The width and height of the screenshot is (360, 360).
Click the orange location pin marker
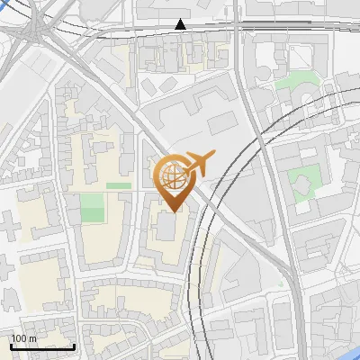click(x=175, y=180)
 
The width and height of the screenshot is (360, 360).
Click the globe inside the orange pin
click(x=174, y=174)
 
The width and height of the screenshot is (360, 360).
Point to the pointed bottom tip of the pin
click(x=174, y=211)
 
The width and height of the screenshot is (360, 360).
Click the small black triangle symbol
click(x=182, y=24)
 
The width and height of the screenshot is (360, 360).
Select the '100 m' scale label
click(x=23, y=338)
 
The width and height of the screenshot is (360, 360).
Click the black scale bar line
click(x=42, y=346)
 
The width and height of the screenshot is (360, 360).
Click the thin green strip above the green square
click(x=118, y=185)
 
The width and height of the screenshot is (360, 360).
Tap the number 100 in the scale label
click(x=20, y=338)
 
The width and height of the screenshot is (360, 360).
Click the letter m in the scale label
click(x=32, y=339)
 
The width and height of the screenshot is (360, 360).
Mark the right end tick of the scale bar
click(x=75, y=346)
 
